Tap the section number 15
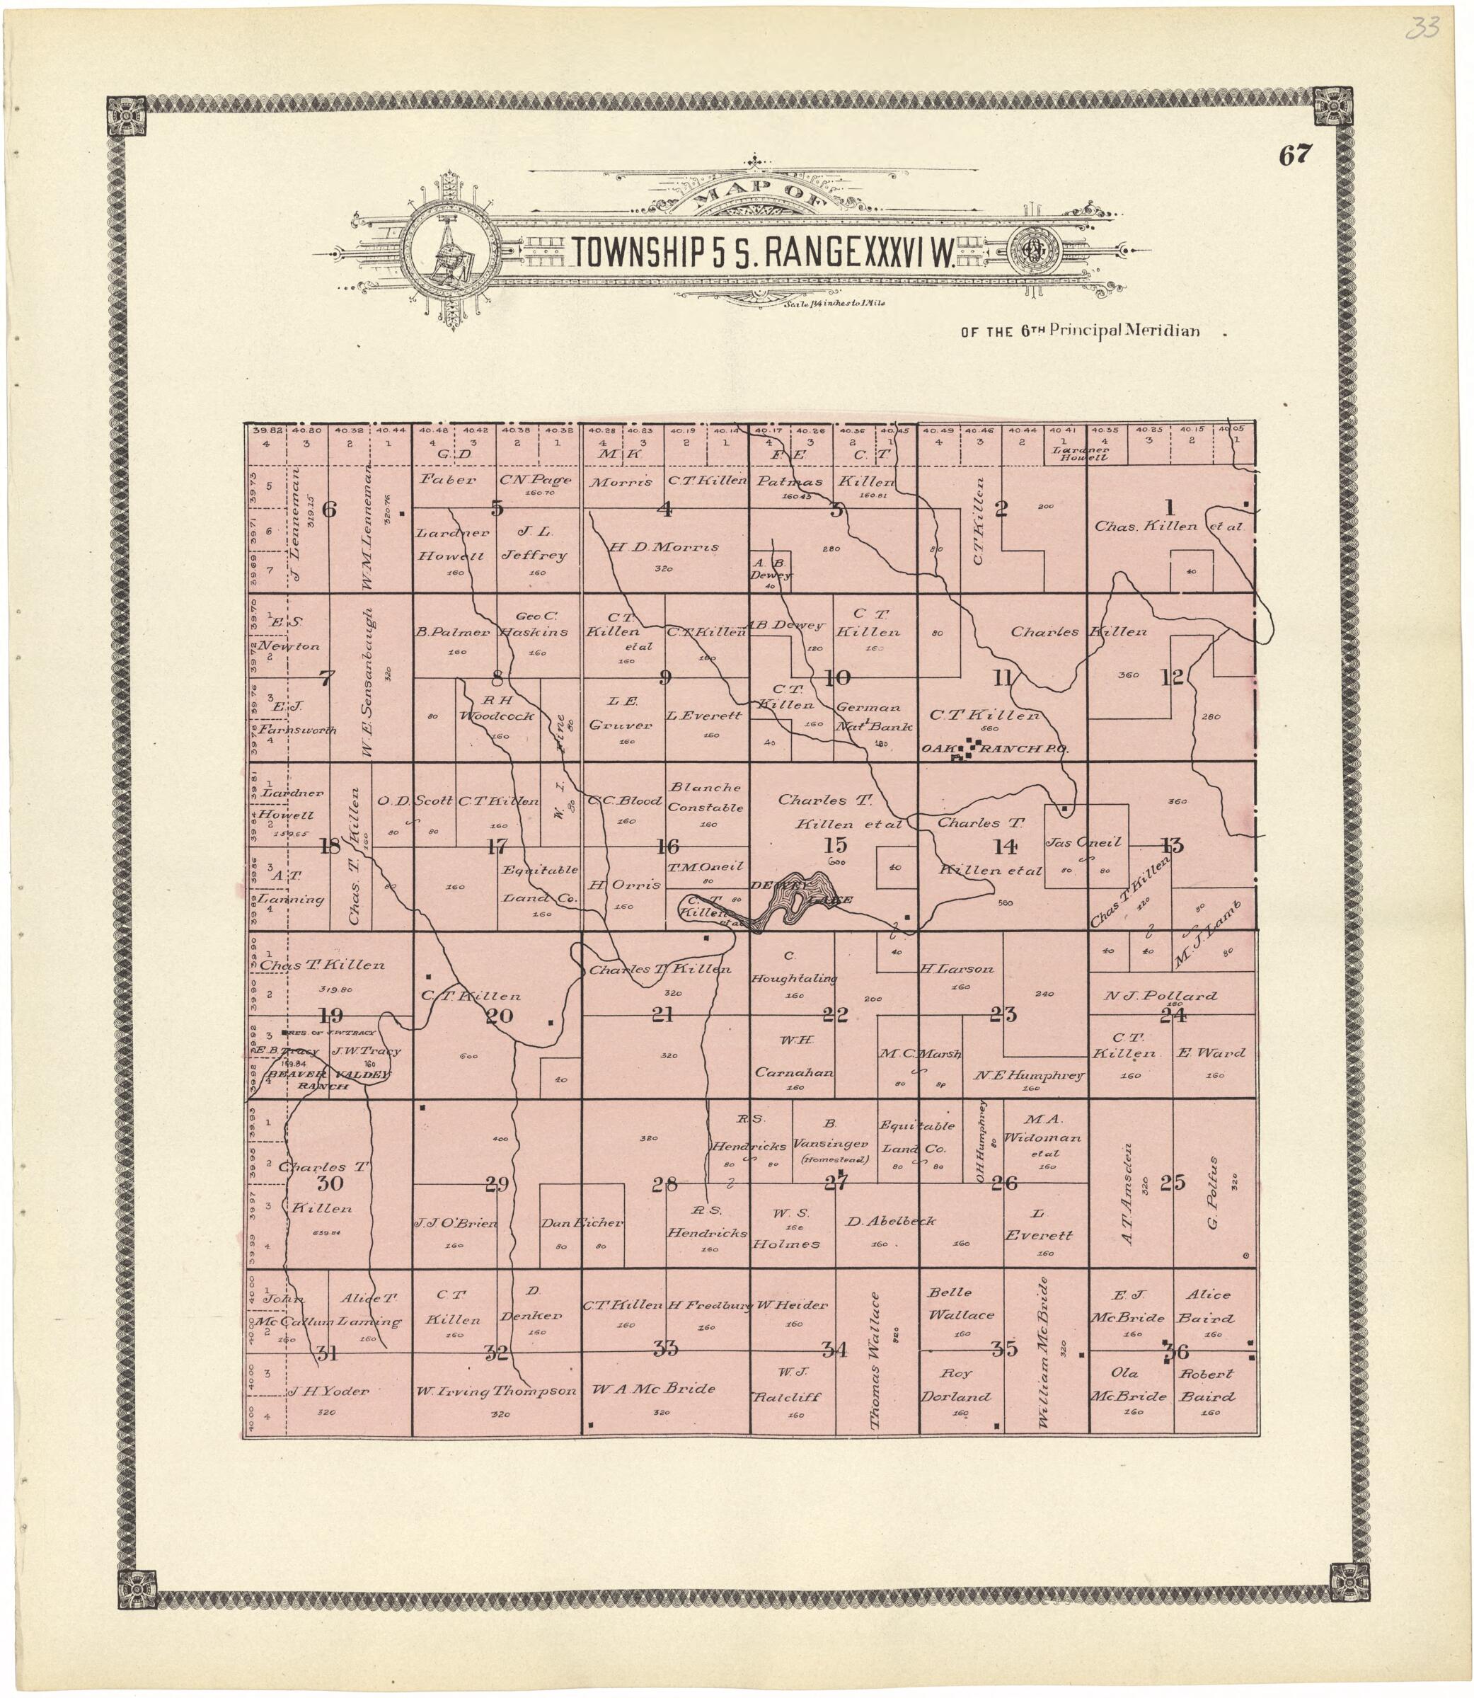835,845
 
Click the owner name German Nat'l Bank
868,716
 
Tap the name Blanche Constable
705,797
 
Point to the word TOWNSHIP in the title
633,254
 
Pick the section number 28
664,1186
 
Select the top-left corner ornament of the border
127,117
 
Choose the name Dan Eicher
582,1222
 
